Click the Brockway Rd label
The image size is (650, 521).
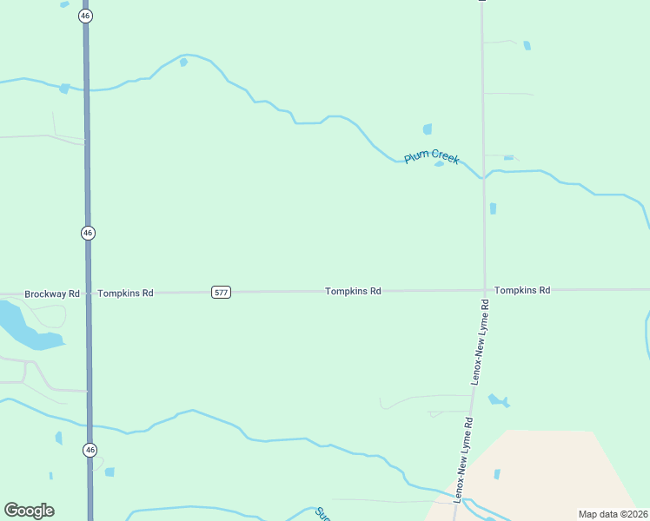pyautogui.click(x=52, y=293)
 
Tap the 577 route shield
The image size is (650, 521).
pyautogui.click(x=221, y=293)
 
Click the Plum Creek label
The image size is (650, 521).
pyautogui.click(x=431, y=157)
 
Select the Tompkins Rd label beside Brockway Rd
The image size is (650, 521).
pyautogui.click(x=125, y=293)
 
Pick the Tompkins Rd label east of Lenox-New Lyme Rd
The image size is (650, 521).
pyautogui.click(x=521, y=290)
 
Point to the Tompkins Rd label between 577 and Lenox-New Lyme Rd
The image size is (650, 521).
pyautogui.click(x=353, y=291)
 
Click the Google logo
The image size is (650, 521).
pyautogui.click(x=29, y=511)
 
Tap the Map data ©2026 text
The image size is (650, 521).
pyautogui.click(x=613, y=514)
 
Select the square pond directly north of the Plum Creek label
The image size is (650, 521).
pyautogui.click(x=428, y=129)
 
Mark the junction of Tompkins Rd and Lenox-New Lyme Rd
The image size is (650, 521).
pyautogui.click(x=483, y=290)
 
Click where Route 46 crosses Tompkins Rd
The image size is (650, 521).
pyautogui.click(x=89, y=293)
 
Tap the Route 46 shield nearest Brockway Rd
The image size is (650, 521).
pyautogui.click(x=88, y=233)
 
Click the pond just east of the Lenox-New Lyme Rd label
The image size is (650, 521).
pyautogui.click(x=498, y=400)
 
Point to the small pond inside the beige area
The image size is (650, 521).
pyautogui.click(x=497, y=474)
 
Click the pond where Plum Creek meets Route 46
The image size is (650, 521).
pyautogui.click(x=64, y=89)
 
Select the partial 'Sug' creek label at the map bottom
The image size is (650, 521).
pyautogui.click(x=323, y=513)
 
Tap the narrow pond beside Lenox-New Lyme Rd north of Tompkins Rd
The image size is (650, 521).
pyautogui.click(x=493, y=208)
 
